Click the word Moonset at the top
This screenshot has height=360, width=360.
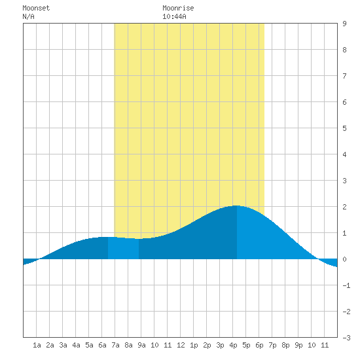pos(36,8)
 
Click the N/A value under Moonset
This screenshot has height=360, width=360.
pos(28,16)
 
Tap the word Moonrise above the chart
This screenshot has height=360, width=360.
pos(178,8)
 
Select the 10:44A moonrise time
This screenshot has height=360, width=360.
pos(174,16)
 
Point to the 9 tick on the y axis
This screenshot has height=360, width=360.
pos(344,24)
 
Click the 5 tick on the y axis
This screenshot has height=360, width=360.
pos(344,128)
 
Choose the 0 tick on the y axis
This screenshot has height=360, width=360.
pos(344,259)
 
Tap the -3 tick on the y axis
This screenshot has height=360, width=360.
pos(346,338)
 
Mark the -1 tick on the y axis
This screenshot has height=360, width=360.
pos(346,285)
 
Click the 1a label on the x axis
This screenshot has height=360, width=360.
pos(37,345)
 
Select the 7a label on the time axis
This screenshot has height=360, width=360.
pos(115,345)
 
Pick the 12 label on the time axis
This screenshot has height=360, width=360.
pos(181,345)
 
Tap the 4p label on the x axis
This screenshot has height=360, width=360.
pos(233,345)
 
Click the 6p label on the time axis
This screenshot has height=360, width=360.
pos(259,345)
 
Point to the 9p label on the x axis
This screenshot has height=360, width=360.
pos(298,345)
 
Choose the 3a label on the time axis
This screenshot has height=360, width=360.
pos(63,345)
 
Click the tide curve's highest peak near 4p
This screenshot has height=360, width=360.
pos(236,206)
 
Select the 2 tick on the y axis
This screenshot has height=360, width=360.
pos(344,207)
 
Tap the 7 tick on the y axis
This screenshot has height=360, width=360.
pos(344,76)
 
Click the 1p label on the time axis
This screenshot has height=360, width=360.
pos(194,345)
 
